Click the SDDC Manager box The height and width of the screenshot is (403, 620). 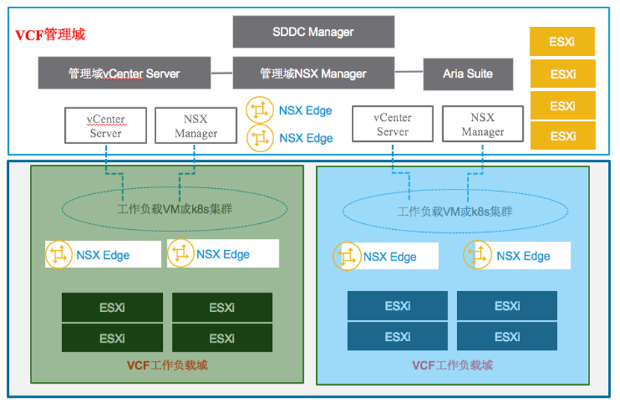(x=313, y=32)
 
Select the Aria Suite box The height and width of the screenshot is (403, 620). (x=468, y=74)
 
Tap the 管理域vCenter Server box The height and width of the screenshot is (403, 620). (x=124, y=74)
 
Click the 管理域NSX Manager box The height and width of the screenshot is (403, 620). (x=313, y=74)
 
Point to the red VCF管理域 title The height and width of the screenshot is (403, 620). (x=50, y=34)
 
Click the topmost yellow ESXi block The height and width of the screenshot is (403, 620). (x=562, y=42)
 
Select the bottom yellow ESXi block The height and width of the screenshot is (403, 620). (x=562, y=136)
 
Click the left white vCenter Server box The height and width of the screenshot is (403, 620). (x=105, y=125)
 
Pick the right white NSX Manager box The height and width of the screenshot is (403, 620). (x=483, y=124)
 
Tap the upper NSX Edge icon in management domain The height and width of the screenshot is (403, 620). (x=260, y=110)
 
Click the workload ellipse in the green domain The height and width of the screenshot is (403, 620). (x=175, y=209)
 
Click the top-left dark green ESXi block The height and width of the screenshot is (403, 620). (x=112, y=307)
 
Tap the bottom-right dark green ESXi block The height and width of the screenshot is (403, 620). (x=222, y=338)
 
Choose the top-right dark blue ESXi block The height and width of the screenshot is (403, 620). (x=507, y=306)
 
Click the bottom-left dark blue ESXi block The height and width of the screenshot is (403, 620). (x=397, y=337)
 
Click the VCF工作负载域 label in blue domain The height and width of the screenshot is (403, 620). (x=453, y=365)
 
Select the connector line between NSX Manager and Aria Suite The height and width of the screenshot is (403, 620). (x=409, y=72)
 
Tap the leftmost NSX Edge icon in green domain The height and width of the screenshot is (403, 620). (x=59, y=254)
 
